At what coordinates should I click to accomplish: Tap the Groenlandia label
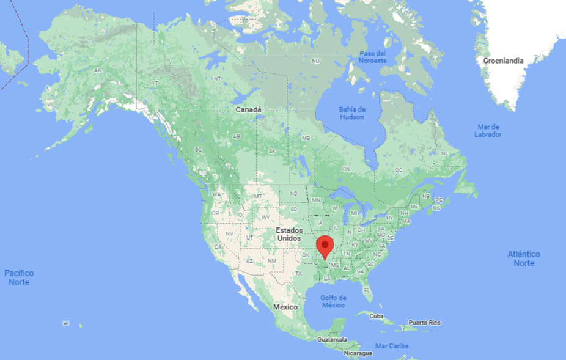click(503, 61)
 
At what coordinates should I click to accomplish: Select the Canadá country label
click(249, 110)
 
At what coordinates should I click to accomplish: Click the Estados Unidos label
click(289, 234)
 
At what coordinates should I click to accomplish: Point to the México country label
click(285, 306)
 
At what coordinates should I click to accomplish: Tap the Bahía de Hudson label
click(351, 113)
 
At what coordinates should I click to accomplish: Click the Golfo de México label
click(334, 301)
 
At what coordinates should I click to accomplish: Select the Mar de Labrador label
click(488, 130)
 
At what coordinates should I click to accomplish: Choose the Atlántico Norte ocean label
click(524, 258)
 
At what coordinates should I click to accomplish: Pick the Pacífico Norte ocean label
click(19, 277)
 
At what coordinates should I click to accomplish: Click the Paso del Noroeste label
click(372, 57)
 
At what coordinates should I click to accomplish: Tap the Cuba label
click(376, 316)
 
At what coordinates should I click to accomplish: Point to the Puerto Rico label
click(425, 322)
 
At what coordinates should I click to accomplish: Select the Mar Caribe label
click(392, 346)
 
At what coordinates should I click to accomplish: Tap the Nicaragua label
click(358, 353)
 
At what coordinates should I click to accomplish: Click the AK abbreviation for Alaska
click(97, 70)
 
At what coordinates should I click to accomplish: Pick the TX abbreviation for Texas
click(299, 274)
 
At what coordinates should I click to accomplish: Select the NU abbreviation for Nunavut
click(315, 61)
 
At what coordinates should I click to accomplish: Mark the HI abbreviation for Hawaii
click(65, 323)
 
